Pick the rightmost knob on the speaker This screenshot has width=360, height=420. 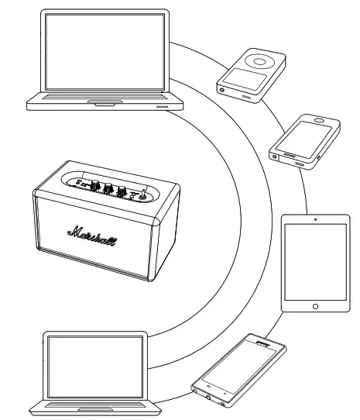point(122,192)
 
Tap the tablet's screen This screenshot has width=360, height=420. point(315,263)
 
